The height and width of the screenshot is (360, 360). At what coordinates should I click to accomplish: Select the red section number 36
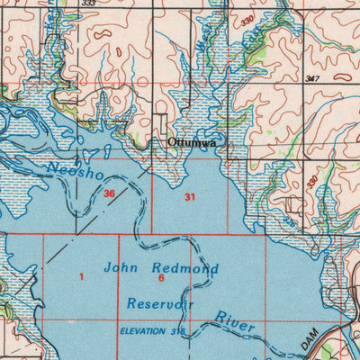(x=109, y=193)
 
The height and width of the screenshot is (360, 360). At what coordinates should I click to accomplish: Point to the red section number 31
(x=189, y=196)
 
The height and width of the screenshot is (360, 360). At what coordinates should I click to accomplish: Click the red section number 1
(x=81, y=277)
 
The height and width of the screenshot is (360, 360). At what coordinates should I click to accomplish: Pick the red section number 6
(x=160, y=279)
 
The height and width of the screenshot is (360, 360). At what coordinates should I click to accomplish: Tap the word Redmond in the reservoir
(x=185, y=268)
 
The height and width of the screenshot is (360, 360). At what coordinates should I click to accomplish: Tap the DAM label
(x=310, y=340)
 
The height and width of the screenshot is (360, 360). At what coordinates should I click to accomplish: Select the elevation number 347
(x=312, y=80)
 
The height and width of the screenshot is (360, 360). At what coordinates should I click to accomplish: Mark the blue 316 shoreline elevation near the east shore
(x=289, y=219)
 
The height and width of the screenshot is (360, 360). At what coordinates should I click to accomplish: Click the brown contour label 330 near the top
(x=247, y=20)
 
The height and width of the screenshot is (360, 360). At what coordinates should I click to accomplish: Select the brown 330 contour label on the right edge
(x=311, y=182)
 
